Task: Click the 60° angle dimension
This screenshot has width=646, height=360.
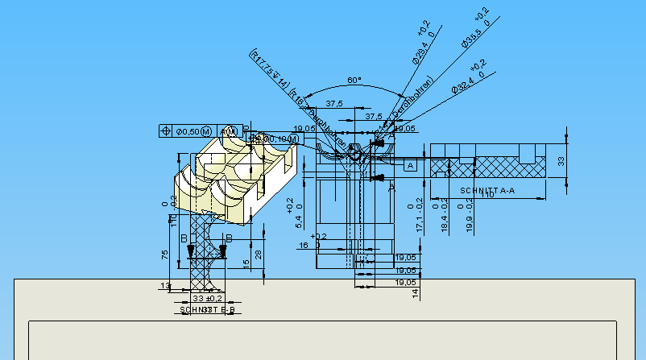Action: pos(354,81)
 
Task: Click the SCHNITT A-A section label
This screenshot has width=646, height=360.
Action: pos(487,190)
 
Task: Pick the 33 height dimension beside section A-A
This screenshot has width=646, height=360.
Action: pos(562,161)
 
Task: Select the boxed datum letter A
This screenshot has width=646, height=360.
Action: pos(409,166)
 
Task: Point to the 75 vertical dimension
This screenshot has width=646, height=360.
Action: pos(165,254)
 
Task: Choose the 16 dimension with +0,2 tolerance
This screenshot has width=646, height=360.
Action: pos(304,245)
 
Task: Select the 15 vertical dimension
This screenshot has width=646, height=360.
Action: pos(246,263)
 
